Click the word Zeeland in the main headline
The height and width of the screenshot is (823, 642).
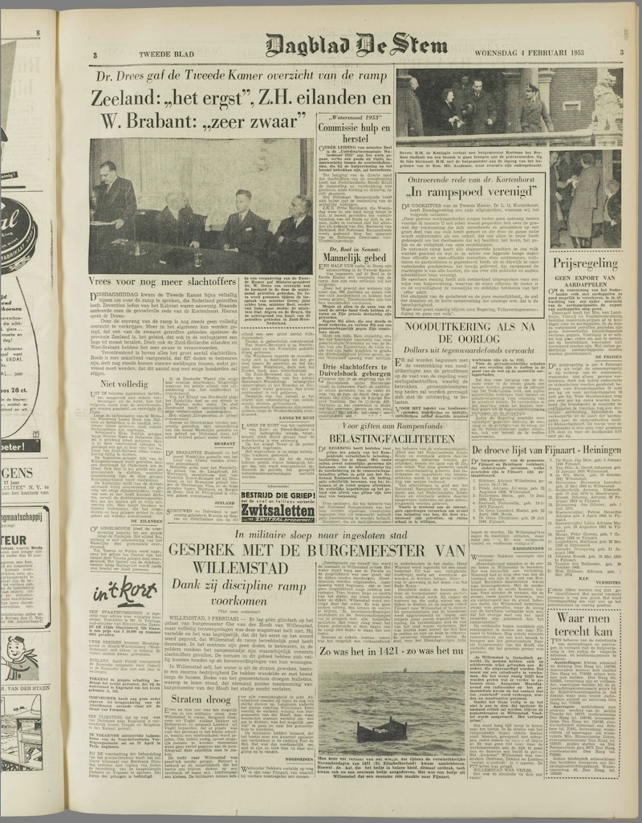click(x=129, y=99)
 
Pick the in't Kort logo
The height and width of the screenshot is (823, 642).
click(x=124, y=593)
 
